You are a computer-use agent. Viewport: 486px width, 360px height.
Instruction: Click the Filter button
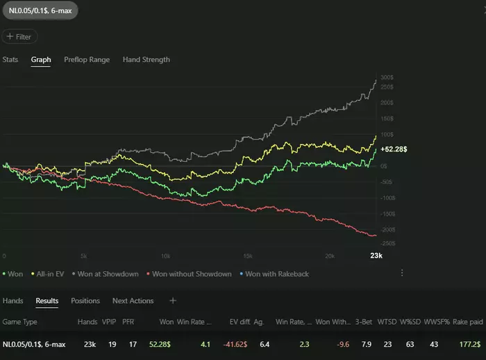pyautogui.click(x=20, y=37)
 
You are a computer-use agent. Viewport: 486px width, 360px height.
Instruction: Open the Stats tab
pyautogui.click(x=10, y=60)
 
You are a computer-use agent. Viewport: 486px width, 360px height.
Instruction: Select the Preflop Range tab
pyautogui.click(x=87, y=60)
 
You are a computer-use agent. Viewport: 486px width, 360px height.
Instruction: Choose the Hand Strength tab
pyautogui.click(x=146, y=60)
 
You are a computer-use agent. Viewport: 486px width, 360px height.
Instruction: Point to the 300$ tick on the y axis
pyautogui.click(x=387, y=78)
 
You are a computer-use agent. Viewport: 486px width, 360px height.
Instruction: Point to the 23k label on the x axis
pyautogui.click(x=376, y=256)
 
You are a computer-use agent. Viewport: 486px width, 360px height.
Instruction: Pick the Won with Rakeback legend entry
pyautogui.click(x=275, y=274)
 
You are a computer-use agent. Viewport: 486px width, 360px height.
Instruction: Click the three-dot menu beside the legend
pyautogui.click(x=402, y=274)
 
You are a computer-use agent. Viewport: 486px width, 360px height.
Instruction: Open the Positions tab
pyautogui.click(x=85, y=301)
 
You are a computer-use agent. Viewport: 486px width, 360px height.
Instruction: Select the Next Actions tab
pyautogui.click(x=133, y=301)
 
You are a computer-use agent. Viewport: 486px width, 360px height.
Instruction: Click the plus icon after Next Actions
pyautogui.click(x=173, y=301)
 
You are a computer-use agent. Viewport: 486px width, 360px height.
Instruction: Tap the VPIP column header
pyautogui.click(x=108, y=322)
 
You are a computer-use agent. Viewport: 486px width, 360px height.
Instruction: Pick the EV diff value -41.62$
pyautogui.click(x=242, y=344)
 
